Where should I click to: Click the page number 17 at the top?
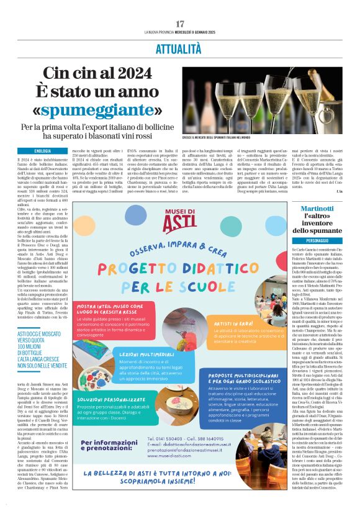pos(180,24)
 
